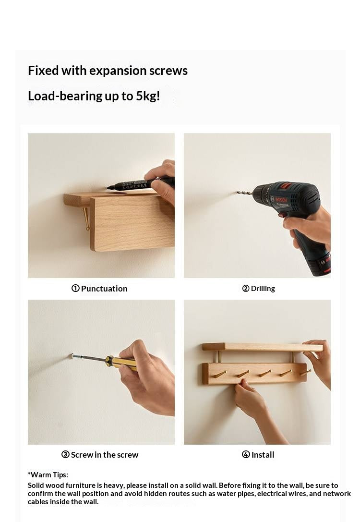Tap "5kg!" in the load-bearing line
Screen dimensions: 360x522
(x=148, y=96)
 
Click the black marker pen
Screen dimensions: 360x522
(x=141, y=184)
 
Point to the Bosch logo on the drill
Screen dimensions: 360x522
(x=281, y=199)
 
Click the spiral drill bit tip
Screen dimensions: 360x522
(x=238, y=192)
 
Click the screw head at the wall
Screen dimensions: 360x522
(x=72, y=356)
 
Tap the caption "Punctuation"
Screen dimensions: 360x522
(x=104, y=289)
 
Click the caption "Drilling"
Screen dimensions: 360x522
(x=263, y=289)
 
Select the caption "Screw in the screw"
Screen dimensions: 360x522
(x=105, y=455)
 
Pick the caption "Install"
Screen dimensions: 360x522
(x=263, y=455)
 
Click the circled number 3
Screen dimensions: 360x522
(x=65, y=454)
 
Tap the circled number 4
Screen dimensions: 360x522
(x=246, y=454)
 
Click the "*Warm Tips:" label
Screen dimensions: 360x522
(x=48, y=475)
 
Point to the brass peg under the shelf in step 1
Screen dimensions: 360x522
(x=86, y=219)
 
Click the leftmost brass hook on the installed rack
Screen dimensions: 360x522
(x=219, y=375)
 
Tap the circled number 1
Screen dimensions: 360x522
(x=75, y=288)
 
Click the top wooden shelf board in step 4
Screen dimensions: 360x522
(x=263, y=347)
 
